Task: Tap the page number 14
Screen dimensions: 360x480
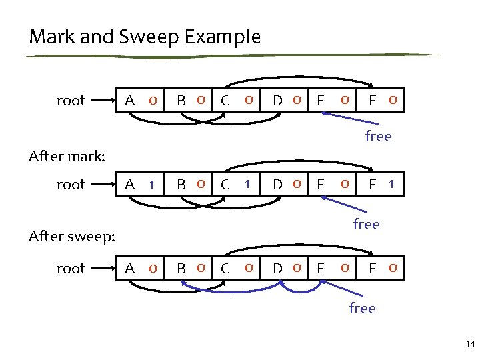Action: coord(470,345)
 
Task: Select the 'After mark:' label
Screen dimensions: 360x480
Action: coord(67,157)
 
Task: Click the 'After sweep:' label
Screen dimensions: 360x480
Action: coord(73,236)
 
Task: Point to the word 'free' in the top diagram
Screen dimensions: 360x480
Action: coord(378,137)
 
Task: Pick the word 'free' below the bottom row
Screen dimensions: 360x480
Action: coord(362,308)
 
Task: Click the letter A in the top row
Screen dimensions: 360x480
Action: coord(131,101)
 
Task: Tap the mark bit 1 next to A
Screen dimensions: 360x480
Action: coord(153,184)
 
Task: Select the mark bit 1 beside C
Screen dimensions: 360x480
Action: coord(247,184)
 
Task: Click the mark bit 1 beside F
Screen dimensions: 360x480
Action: coord(393,184)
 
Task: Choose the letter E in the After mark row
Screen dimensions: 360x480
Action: coord(321,185)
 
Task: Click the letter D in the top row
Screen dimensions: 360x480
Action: coord(278,101)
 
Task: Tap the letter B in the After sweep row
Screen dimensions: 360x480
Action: coord(181,269)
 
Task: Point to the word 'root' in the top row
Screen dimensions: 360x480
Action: coord(71,101)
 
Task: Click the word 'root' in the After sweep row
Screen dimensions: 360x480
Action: coord(71,269)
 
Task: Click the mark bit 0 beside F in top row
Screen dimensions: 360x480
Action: coord(393,101)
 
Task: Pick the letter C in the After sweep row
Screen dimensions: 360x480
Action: coord(225,269)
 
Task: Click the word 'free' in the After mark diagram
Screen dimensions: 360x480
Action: coord(366,224)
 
